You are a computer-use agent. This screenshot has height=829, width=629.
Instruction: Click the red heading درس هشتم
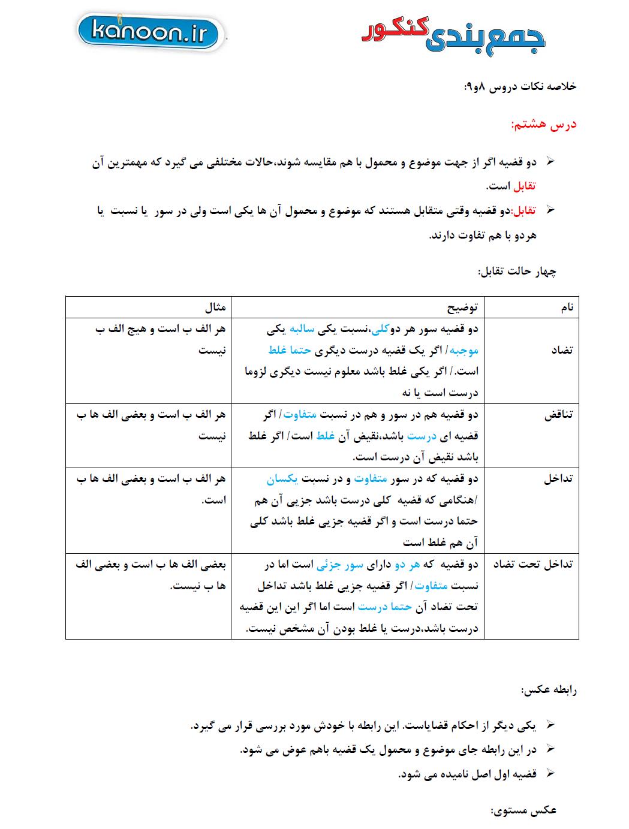[543, 125]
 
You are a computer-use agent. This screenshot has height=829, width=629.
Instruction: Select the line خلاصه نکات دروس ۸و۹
[519, 86]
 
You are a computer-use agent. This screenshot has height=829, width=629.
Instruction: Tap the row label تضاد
[561, 350]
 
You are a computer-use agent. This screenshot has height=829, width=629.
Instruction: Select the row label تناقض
[558, 415]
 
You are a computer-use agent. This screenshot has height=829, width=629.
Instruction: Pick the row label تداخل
[558, 479]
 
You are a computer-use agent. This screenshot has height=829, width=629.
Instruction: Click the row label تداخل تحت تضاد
[532, 564]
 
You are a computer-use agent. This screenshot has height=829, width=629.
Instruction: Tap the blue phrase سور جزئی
[340, 564]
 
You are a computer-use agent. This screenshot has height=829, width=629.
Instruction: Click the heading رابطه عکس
[549, 690]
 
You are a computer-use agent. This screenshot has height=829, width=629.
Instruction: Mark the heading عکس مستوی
[524, 810]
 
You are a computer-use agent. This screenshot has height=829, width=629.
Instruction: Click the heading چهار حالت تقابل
[517, 271]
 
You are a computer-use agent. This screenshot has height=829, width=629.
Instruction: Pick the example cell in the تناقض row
[150, 425]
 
